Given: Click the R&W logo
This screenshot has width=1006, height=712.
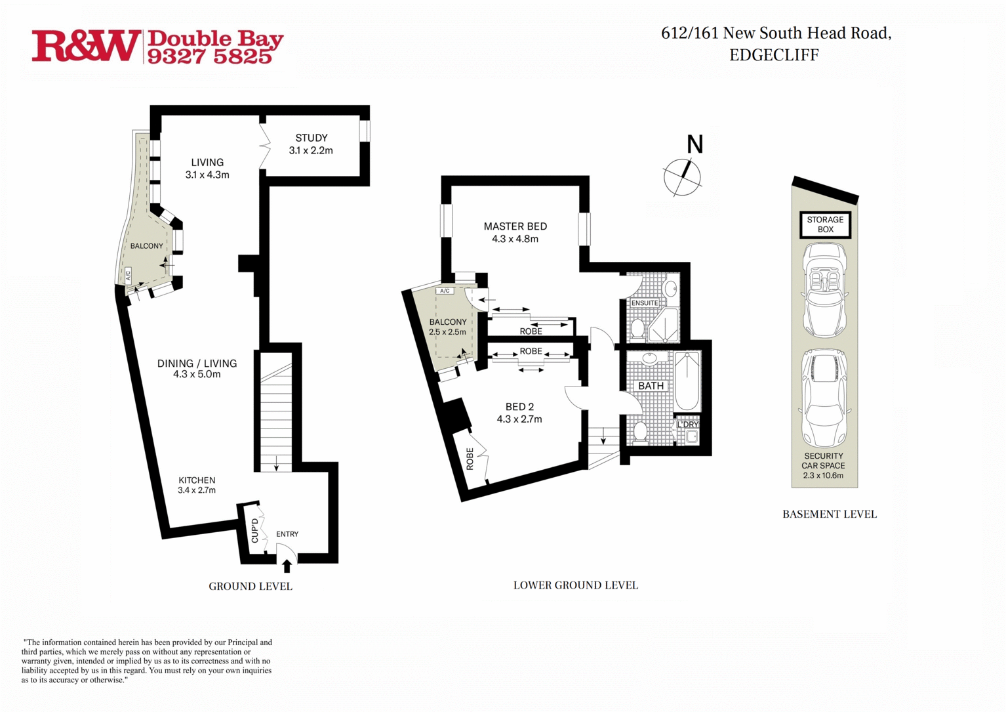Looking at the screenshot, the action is [x=85, y=47].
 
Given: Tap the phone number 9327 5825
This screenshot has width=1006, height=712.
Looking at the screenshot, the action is [x=210, y=56].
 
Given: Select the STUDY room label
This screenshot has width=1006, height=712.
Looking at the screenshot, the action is [x=312, y=138].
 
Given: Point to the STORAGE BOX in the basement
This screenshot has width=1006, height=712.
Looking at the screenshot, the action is [x=826, y=224].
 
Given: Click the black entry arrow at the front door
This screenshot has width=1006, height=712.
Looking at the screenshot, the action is [x=287, y=566].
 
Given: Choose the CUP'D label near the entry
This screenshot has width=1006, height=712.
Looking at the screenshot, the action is [x=254, y=530].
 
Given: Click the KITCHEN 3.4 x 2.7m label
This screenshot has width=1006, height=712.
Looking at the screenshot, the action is [x=197, y=485].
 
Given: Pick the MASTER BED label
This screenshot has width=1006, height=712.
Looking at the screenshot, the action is [x=515, y=226].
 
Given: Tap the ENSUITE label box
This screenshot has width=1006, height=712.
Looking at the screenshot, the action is [x=645, y=303].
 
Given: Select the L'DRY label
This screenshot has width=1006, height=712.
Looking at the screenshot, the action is [x=687, y=425].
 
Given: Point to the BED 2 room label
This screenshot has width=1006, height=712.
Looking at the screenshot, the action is [x=519, y=407].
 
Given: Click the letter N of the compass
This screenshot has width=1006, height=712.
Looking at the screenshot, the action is [x=694, y=145].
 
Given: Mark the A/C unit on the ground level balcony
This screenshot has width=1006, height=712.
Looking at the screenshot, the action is [x=128, y=274].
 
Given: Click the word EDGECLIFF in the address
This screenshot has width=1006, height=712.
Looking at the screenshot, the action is [x=775, y=55].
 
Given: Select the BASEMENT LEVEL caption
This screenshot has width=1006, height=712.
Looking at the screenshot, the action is [x=830, y=514].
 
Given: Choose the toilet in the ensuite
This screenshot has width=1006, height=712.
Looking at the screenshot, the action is [x=637, y=328].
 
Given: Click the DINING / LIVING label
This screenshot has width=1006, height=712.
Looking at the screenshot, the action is [x=197, y=363].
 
